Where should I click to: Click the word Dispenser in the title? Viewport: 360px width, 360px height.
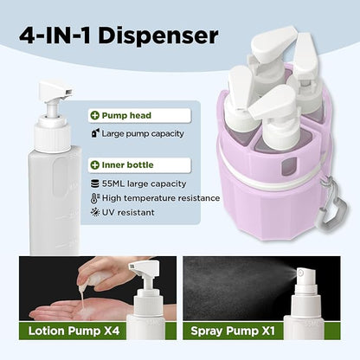click(158, 35)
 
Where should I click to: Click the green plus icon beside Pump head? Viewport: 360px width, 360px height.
click(95, 115)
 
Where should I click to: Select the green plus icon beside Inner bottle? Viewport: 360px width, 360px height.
click(95, 165)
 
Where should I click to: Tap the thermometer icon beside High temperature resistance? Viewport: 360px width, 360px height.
click(95, 198)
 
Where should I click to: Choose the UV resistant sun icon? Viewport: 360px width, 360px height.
click(95, 212)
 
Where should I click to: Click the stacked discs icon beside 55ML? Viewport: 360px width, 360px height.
click(95, 183)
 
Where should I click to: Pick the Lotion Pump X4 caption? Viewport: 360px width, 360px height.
click(74, 331)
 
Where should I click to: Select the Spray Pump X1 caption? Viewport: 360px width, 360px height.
click(233, 331)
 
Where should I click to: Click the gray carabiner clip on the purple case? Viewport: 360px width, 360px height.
click(335, 207)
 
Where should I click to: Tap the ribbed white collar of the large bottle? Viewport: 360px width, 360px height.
click(53, 137)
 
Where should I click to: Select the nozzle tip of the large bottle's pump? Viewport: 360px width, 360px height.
click(68, 92)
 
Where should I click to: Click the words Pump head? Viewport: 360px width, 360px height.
click(126, 115)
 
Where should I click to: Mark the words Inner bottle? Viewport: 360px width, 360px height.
click(127, 165)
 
